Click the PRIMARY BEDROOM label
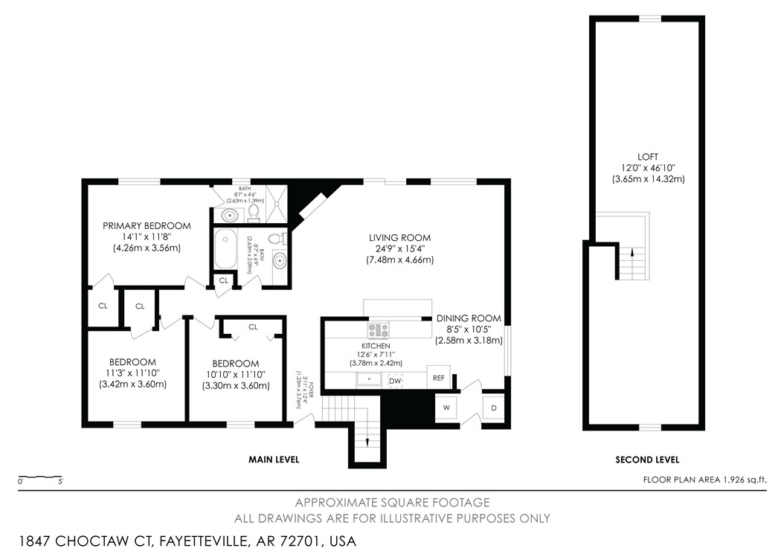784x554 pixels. pos(147,225)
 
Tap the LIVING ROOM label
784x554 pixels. pos(399,237)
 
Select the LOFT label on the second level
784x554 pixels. pos(648,156)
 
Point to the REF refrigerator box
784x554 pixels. pos(439,378)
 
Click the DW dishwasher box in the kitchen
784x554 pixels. pos(394,381)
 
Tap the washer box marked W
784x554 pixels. pos(447,407)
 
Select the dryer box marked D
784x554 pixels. pos(494,407)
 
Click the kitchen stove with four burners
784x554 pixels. pos(378,329)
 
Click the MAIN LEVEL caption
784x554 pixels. pos(274,460)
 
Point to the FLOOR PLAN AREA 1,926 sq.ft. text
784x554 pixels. pos(704,480)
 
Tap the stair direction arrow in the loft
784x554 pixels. pos(632,253)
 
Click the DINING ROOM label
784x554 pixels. pos(469,318)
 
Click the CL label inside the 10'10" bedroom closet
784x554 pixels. pos(253,326)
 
